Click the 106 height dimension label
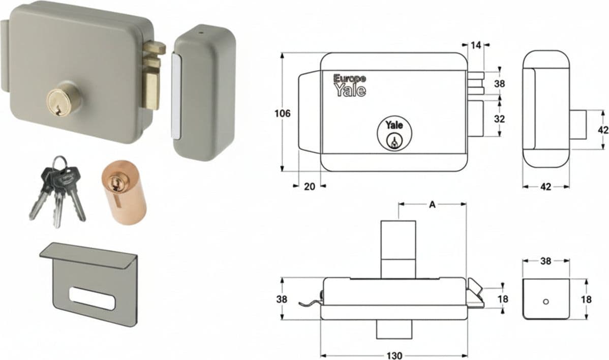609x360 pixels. click(x=282, y=113)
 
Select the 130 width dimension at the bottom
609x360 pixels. click(x=394, y=355)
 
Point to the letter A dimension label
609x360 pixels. click(x=432, y=204)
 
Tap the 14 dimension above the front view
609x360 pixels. click(x=476, y=45)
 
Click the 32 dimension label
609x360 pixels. click(x=499, y=118)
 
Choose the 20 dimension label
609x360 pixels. click(x=309, y=187)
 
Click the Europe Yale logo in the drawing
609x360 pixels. click(x=350, y=85)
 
